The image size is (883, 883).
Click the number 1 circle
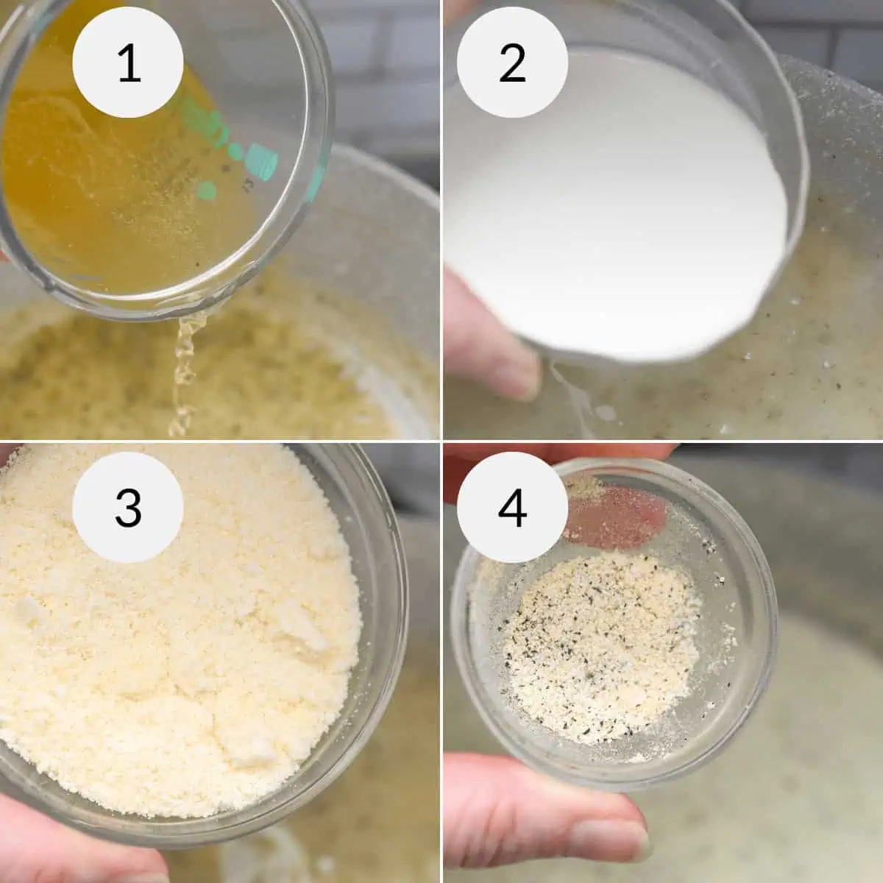pyautogui.click(x=127, y=63)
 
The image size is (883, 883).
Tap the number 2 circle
pyautogui.click(x=512, y=63)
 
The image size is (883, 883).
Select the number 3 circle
pyautogui.click(x=127, y=508)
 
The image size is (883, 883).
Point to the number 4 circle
pyautogui.click(x=512, y=508)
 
